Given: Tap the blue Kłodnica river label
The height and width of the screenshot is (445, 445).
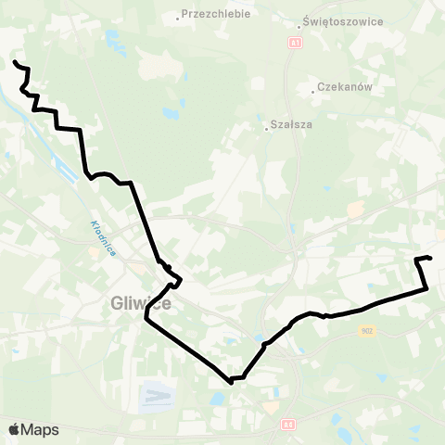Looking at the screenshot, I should pos(103,239).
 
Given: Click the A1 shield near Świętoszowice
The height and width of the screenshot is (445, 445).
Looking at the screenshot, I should pos(295,43).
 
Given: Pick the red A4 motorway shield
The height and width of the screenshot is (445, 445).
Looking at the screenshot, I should pos(287,424).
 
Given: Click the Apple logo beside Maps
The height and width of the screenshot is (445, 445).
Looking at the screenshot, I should pos(14,429).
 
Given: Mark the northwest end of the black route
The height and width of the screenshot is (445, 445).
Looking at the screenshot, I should pos(14,61).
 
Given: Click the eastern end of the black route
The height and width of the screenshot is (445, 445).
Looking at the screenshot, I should pos(431,257).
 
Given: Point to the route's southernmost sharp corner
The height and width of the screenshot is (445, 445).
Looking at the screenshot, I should pos(230,381).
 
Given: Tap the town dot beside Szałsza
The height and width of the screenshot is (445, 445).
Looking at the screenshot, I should pos(266,129).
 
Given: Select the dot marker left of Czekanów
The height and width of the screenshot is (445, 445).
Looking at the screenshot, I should pos(313,91).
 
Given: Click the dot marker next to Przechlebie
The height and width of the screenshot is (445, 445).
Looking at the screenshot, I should pos(178,17).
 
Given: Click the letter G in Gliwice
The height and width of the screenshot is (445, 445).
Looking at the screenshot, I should pos(116,301).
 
